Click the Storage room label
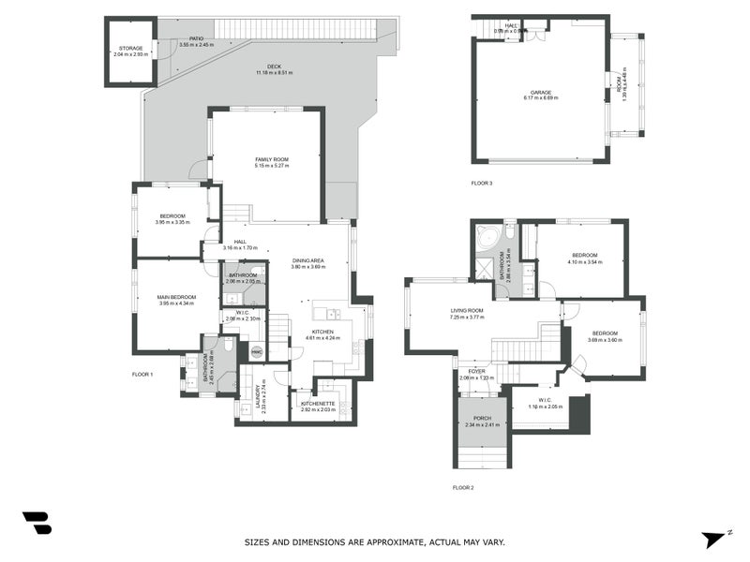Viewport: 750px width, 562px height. point(128,48)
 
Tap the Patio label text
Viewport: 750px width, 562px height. point(196,38)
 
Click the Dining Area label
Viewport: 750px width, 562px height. point(307,260)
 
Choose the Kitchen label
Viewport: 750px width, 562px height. point(322,332)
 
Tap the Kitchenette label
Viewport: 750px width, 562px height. point(318,402)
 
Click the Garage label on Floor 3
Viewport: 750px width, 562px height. point(541,92)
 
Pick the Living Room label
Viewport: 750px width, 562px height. point(468,310)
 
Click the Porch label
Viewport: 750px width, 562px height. point(483,419)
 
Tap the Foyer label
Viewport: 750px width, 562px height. point(477,371)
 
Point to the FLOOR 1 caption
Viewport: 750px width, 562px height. point(142,374)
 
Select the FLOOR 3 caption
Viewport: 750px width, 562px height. point(482,183)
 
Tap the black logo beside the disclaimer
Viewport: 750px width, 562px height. point(37,524)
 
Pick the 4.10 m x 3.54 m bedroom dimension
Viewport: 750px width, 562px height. point(585,262)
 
